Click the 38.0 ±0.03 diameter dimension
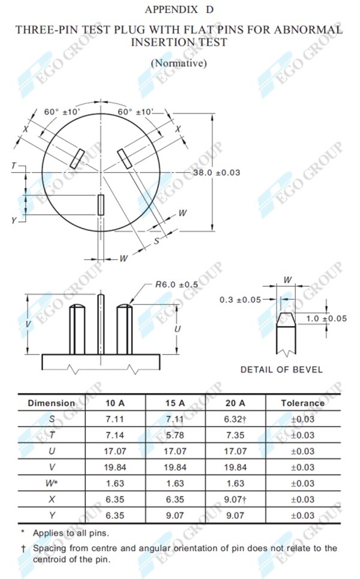[216, 172]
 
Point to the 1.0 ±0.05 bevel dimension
[326, 318]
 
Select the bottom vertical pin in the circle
[101, 205]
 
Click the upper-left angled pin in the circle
[77, 158]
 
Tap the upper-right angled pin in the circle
[125, 159]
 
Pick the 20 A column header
[235, 403]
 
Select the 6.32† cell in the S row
[235, 419]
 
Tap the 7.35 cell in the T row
[235, 435]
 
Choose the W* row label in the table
[52, 483]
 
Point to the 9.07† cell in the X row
[235, 499]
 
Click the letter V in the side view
[28, 323]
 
